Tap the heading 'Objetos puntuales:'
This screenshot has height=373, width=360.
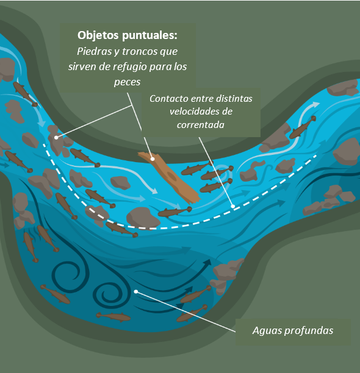click(x=128, y=35)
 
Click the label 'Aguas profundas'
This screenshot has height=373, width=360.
click(x=293, y=331)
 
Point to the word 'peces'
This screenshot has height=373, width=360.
click(x=127, y=82)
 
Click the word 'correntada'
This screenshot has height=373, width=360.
click(x=201, y=125)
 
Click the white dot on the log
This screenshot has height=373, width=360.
click(x=153, y=159)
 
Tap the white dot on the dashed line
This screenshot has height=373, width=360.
click(x=233, y=206)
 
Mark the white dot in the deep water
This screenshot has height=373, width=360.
click(x=135, y=291)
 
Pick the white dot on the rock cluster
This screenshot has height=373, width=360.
click(x=56, y=137)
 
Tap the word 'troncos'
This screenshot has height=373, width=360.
click(x=140, y=51)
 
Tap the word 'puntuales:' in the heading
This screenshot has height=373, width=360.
click(x=149, y=35)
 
